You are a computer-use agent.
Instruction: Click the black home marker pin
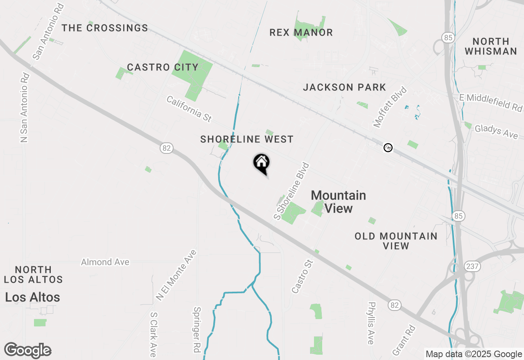coord(261,163)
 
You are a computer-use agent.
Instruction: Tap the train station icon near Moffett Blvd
coord(388,148)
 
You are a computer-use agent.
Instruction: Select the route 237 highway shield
coord(472,266)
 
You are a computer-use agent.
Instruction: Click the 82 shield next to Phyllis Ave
coord(394,305)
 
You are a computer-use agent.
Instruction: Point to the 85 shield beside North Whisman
coord(448,38)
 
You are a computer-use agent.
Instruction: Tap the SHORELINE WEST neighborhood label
coord(247,139)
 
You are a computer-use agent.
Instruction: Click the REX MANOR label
coord(301,33)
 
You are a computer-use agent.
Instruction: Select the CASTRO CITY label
coord(163,67)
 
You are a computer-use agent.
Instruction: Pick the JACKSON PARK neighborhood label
coord(344,87)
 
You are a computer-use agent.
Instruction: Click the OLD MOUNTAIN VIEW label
coord(396,241)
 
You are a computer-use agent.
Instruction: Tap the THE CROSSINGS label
coord(105,28)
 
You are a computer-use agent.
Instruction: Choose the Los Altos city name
coord(32,297)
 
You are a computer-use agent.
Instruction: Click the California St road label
coord(189,109)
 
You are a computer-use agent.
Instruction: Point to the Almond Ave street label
coord(105,262)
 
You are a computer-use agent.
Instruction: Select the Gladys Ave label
coord(496,132)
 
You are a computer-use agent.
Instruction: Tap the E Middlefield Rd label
coord(490,102)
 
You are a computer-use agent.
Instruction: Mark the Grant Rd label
coord(404,340)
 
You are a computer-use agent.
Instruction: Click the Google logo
coord(27,351)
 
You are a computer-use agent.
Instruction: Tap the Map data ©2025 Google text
coord(474,354)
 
